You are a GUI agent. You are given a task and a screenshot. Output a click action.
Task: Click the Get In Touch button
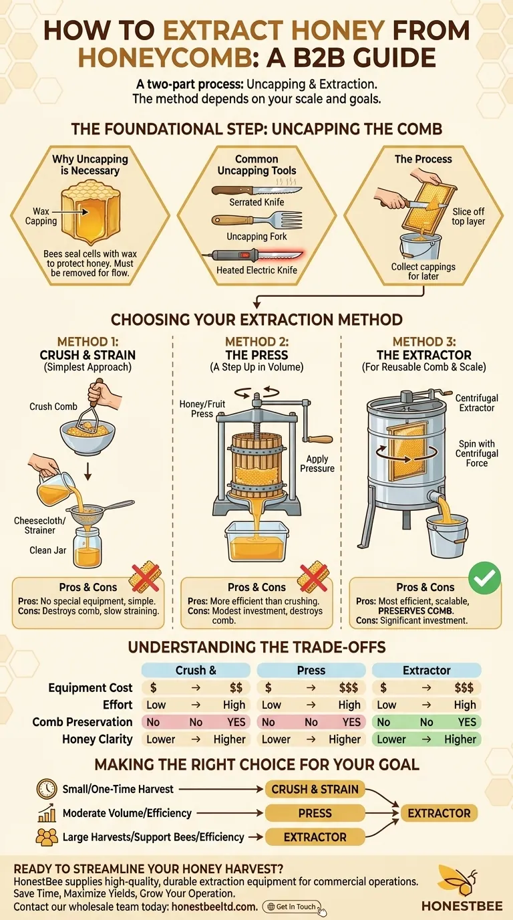pyautogui.click(x=293, y=907)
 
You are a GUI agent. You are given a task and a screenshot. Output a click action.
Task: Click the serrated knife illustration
pyautogui.click(x=256, y=189)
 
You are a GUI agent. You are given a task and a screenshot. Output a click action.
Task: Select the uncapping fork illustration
pyautogui.click(x=256, y=221)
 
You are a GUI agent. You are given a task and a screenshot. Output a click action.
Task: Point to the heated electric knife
pyautogui.click(x=256, y=255)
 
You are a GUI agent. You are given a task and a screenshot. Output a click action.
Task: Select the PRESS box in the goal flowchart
pyautogui.click(x=315, y=813)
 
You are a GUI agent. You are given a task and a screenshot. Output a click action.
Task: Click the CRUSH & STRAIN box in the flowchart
pyautogui.click(x=315, y=789)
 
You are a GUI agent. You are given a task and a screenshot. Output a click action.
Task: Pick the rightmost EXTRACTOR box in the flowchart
pyautogui.click(x=439, y=813)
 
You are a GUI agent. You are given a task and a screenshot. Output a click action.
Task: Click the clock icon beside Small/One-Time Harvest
pyautogui.click(x=47, y=789)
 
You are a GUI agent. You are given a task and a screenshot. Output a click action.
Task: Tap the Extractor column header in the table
pyautogui.click(x=426, y=670)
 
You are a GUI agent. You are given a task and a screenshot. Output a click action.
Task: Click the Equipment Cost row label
pyautogui.click(x=90, y=687)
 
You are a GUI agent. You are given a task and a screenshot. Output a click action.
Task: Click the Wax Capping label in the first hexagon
pyautogui.click(x=41, y=216)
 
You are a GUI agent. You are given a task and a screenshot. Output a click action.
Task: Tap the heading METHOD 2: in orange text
pyautogui.click(x=256, y=342)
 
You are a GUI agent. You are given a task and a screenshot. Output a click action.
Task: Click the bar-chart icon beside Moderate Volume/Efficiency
pyautogui.click(x=47, y=813)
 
